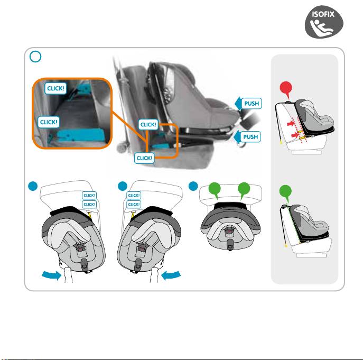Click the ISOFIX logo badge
coord(324,22)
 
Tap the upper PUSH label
coord(252,103)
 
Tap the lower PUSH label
coord(250,137)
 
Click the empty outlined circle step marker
coord(35,57)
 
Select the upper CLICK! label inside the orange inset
coord(55,88)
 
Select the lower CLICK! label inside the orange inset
coord(49,122)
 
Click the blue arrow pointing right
coord(52,275)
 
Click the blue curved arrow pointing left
coord(171,275)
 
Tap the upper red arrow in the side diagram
coord(291,124)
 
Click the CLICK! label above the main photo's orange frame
coord(148,124)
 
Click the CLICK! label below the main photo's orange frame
coord(144,158)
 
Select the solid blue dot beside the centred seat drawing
coord(193,186)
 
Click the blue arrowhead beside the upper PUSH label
coord(238,104)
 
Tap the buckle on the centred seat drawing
coord(230,244)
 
